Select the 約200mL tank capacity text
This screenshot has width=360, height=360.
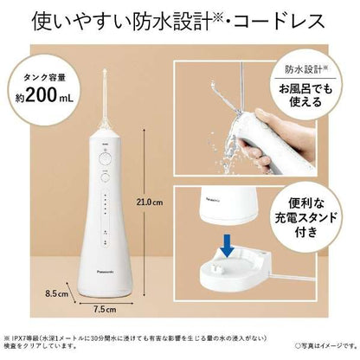pyautogui.click(x=41, y=98)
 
